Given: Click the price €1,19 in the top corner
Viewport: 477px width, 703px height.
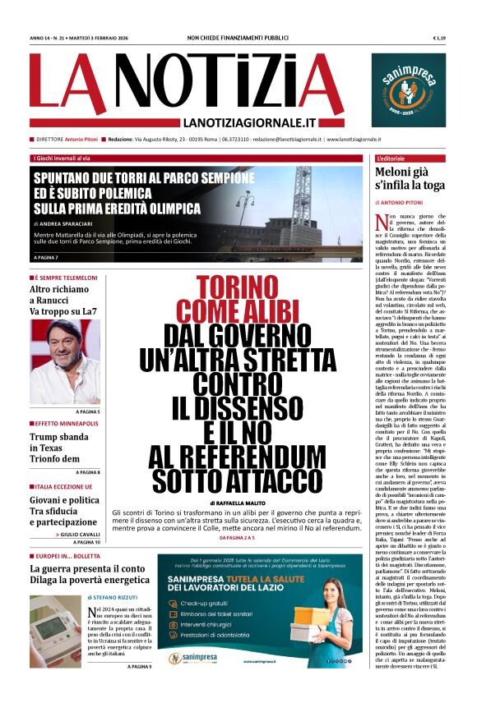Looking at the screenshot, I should [438, 39].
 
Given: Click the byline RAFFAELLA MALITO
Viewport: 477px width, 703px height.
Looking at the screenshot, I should [242, 502].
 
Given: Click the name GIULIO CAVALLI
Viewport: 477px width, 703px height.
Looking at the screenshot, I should [80, 535].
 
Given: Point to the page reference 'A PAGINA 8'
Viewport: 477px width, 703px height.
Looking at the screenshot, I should [87, 472].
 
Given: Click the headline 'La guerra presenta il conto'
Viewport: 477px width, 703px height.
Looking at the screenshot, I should [87, 568].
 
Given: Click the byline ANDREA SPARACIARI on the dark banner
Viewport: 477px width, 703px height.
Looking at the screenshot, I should [71, 223].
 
